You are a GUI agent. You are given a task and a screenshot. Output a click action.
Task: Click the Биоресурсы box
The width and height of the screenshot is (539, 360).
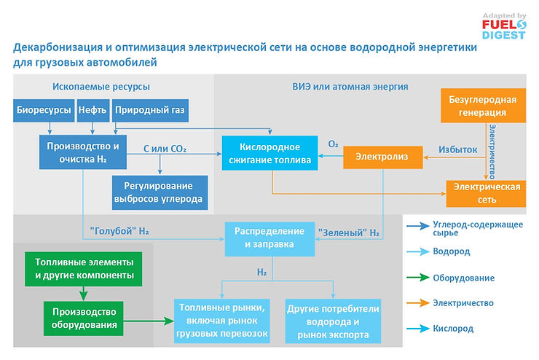coord(43,111)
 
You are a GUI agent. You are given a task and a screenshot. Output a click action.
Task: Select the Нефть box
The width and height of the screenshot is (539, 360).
coord(92,111)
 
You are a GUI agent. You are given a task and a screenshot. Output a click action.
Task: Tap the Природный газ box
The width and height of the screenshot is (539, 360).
coord(149,111)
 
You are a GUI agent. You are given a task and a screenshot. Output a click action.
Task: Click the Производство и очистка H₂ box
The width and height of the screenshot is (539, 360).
coord(82,152)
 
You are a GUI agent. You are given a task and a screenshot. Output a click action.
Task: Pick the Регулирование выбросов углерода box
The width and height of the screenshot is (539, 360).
coord(157,192)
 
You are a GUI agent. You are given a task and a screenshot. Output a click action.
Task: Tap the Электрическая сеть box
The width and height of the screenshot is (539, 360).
coord(486,192)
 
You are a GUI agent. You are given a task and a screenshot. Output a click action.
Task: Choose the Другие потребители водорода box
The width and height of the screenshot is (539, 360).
coord(332,321)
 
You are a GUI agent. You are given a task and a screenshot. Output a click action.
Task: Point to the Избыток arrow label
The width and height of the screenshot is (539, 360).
coord(457,149)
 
